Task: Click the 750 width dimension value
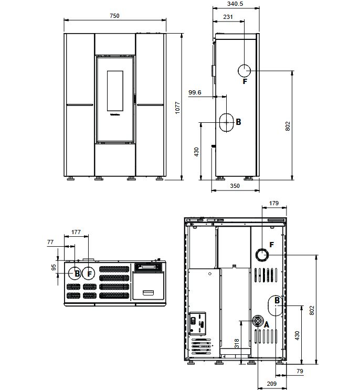point(114,16)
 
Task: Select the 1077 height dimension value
point(177,108)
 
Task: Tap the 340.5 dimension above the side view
point(235,4)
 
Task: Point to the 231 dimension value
point(228,17)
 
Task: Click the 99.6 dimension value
point(195,92)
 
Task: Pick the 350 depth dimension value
point(235,186)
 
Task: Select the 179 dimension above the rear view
point(274,203)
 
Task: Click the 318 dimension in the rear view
point(237,343)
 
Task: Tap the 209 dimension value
point(271,384)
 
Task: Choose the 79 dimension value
point(300,371)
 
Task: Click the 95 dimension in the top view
point(54,267)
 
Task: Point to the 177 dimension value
point(76,232)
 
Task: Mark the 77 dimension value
point(50,242)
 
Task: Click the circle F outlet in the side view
point(245,71)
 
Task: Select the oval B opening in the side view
point(226,122)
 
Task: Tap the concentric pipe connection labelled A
point(258,321)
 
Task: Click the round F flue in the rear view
point(262,255)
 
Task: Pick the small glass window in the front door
point(115,91)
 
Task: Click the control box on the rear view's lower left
point(198,323)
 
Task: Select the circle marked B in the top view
point(75,273)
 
